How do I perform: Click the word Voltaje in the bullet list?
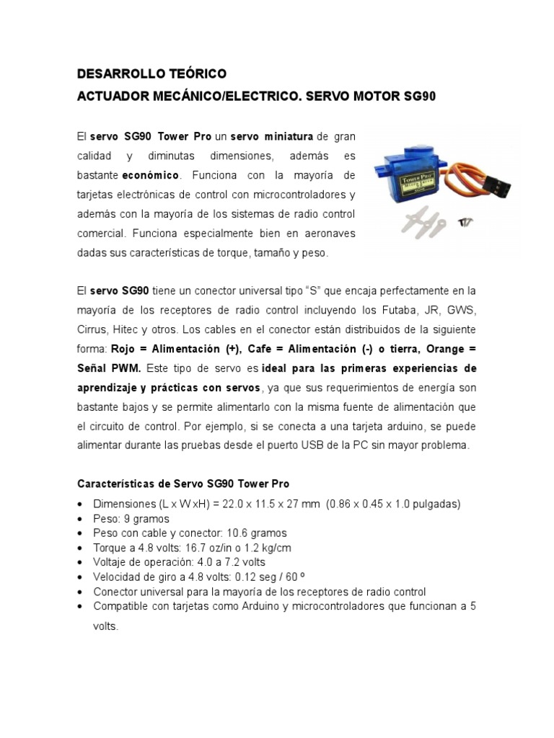click(x=112, y=562)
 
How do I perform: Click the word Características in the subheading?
click(x=112, y=483)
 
